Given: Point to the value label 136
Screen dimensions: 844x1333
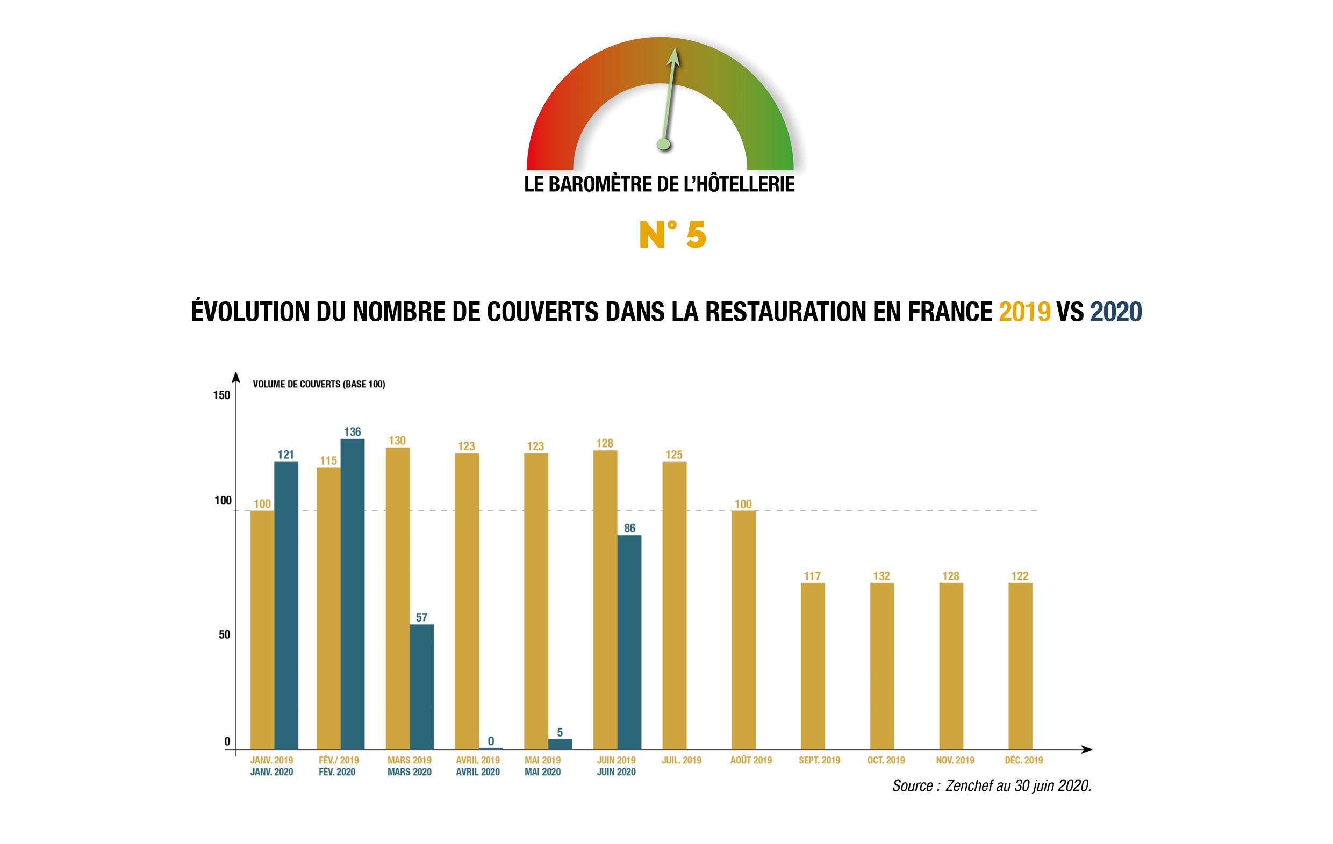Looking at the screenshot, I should [352, 432].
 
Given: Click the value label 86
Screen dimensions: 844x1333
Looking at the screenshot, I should [629, 528].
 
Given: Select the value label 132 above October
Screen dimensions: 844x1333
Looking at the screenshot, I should [881, 576].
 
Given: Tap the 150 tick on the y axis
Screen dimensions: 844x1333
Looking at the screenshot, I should [221, 395].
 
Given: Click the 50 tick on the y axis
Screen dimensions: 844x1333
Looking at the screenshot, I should [224, 635].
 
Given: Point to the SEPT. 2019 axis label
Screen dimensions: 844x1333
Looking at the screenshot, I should [819, 760].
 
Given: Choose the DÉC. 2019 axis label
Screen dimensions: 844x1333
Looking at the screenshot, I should [1023, 760].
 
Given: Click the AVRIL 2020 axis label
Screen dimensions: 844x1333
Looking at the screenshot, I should [478, 772].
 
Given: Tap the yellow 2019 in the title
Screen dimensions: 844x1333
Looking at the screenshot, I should [1024, 312].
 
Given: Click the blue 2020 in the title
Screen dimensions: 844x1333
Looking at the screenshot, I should [1115, 312].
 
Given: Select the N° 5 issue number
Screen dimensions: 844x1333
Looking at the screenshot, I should [672, 235].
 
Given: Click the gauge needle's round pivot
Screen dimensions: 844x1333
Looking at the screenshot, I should [663, 145].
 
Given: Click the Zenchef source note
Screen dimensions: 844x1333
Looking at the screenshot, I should [991, 786].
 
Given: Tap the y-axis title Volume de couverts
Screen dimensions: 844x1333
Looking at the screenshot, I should [319, 384].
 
